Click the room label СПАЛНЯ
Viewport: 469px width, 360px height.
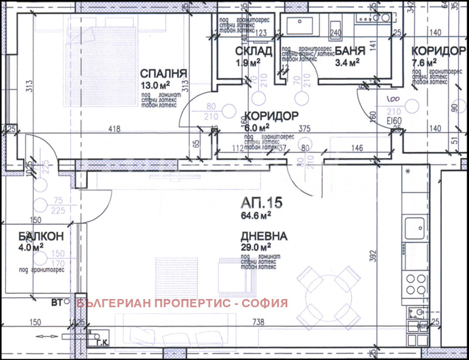[x=164, y=73]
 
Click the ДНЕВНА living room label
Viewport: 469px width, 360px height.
[x=263, y=237]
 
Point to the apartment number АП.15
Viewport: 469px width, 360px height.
[x=262, y=203]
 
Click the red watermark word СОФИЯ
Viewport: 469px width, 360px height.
[x=267, y=303]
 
